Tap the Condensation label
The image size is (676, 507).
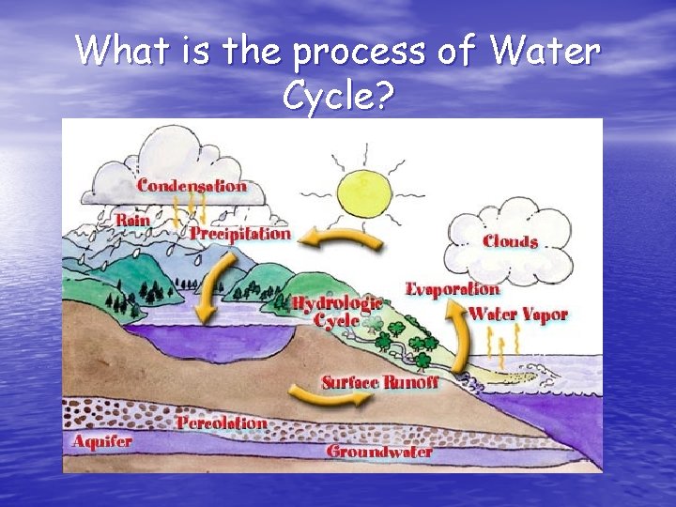(192, 185)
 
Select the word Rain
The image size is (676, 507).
(132, 220)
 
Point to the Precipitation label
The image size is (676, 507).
(240, 233)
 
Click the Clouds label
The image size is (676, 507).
(511, 242)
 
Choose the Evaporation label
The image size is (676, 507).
(452, 288)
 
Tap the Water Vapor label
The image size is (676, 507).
(518, 314)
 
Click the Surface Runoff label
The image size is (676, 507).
(380, 382)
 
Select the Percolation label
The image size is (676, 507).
(222, 422)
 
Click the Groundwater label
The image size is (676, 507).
(379, 452)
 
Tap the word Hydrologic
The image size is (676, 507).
(337, 302)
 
